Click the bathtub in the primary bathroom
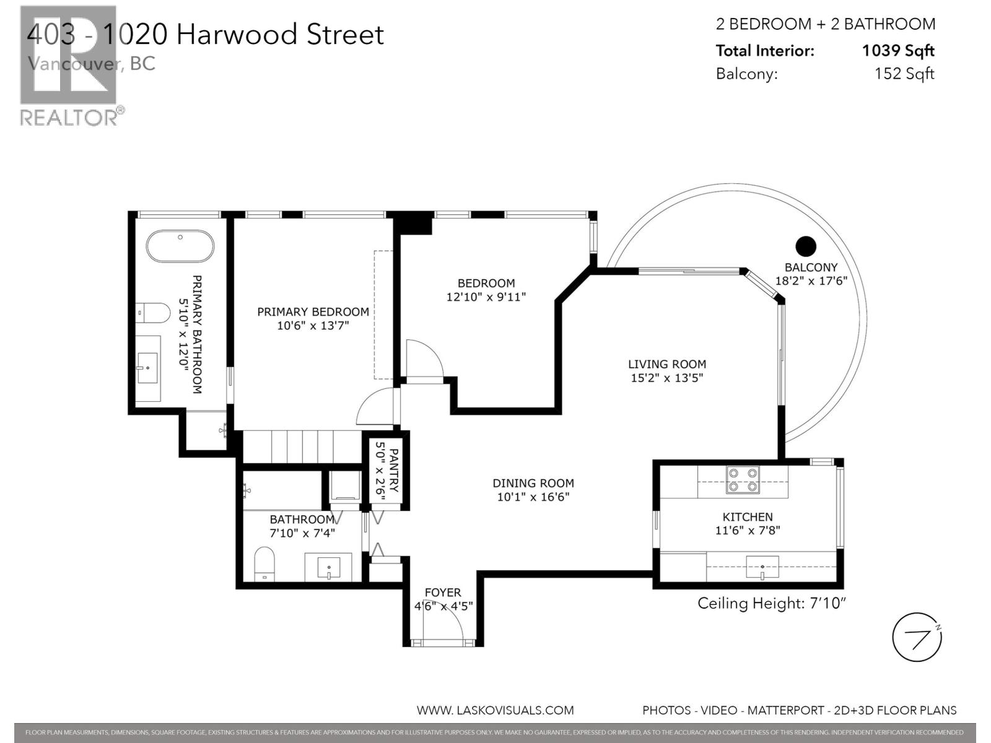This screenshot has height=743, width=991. pyautogui.click(x=180, y=246)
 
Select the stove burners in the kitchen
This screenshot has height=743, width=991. pyautogui.click(x=743, y=479)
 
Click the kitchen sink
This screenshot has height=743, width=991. pyautogui.click(x=762, y=567)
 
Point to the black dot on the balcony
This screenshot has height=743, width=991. pyautogui.click(x=806, y=246)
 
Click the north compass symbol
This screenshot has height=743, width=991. pyautogui.click(x=917, y=637)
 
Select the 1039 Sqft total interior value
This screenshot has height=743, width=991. pyautogui.click(x=898, y=51)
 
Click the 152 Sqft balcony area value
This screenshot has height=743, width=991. pyautogui.click(x=904, y=74)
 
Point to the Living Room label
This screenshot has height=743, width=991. pyautogui.click(x=667, y=364)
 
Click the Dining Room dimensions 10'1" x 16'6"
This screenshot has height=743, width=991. pyautogui.click(x=533, y=497)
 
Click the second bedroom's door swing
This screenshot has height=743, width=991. pyautogui.click(x=424, y=359)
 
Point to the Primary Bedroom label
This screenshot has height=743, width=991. pyautogui.click(x=313, y=312)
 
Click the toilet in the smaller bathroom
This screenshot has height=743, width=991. pyautogui.click(x=264, y=563)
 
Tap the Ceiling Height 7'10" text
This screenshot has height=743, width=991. pyautogui.click(x=772, y=603)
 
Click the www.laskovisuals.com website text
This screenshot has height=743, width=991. pyautogui.click(x=495, y=710)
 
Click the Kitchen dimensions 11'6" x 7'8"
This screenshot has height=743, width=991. pyautogui.click(x=747, y=530)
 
